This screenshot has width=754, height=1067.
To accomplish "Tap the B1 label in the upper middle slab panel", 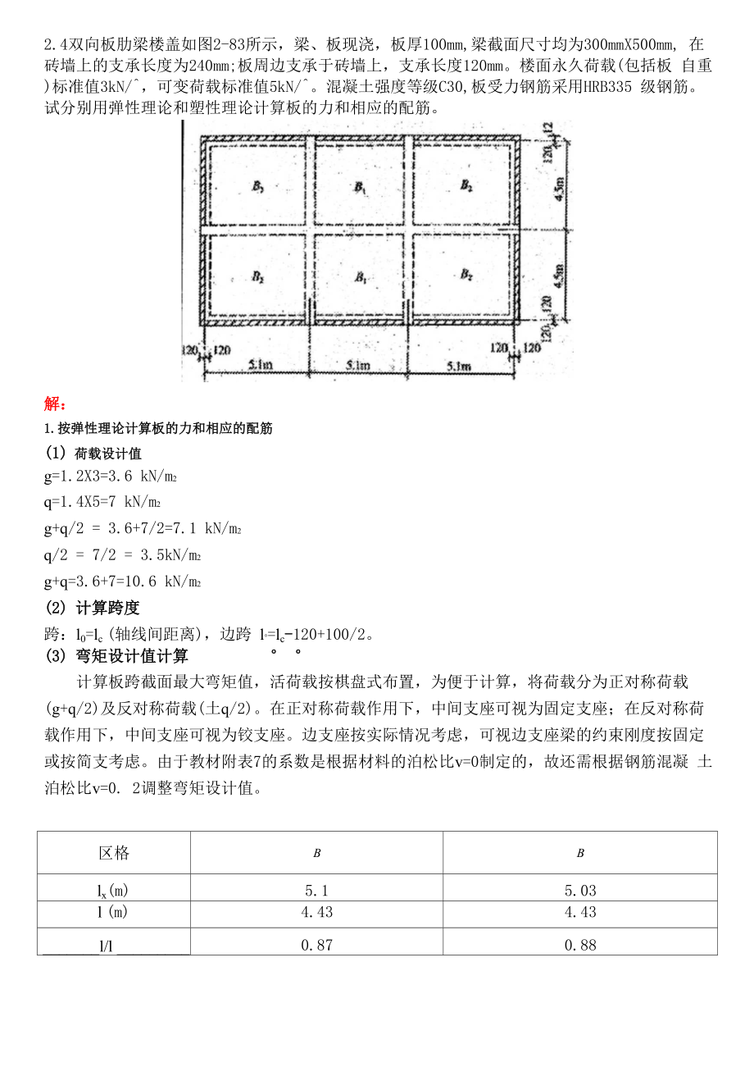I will (360, 187).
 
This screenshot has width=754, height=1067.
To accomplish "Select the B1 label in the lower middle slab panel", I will (360, 277).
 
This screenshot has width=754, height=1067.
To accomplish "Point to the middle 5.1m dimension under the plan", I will (357, 366).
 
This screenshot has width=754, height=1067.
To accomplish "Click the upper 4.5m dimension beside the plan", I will (559, 194).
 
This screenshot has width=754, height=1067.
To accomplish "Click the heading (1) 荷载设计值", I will (93, 454).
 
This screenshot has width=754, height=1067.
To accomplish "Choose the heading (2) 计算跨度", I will (92, 608).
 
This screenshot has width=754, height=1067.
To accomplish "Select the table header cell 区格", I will (114, 853).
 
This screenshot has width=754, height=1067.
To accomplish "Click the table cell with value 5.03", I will (580, 890).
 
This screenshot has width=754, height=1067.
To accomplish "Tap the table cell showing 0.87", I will (317, 945).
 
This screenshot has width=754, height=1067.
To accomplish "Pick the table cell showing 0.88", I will (580, 945).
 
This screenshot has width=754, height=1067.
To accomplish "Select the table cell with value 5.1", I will (317, 890).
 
